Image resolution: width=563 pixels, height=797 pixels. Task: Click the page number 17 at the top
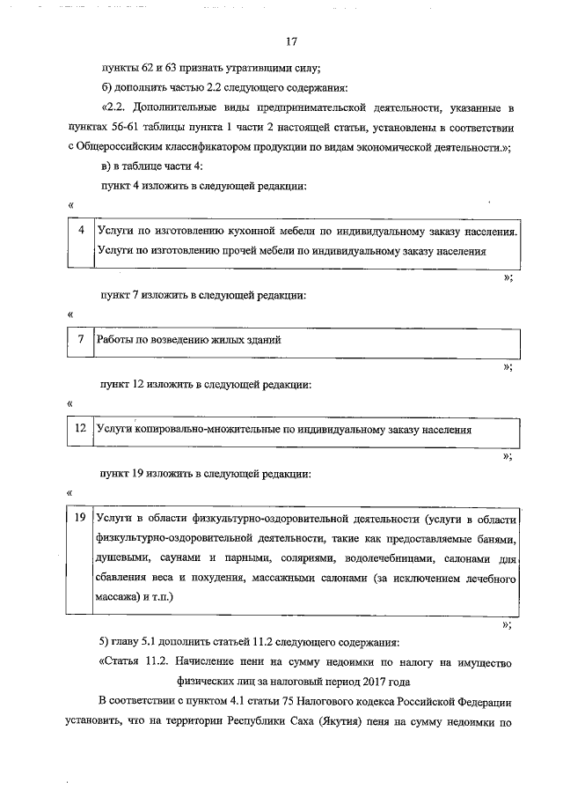coord(293,41)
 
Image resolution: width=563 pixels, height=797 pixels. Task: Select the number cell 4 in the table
coord(81,231)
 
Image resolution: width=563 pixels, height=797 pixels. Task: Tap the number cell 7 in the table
coord(81,339)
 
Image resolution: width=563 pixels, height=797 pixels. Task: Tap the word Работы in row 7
coord(118,339)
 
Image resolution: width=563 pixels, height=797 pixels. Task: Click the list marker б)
coord(107,87)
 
